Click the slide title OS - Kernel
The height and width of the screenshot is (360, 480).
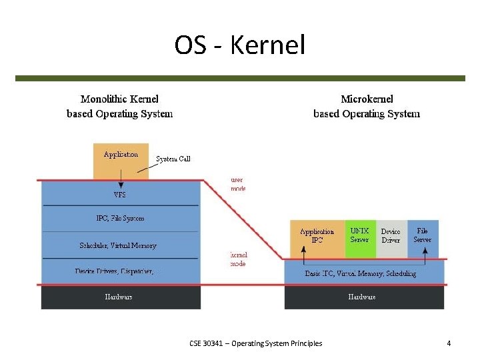[x=239, y=45]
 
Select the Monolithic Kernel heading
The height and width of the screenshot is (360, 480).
[x=120, y=107]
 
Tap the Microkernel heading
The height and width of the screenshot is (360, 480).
[x=367, y=107]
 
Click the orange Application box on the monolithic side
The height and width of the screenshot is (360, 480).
[x=121, y=160]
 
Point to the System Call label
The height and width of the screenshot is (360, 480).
[x=173, y=159]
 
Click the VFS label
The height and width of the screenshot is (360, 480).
[x=120, y=195]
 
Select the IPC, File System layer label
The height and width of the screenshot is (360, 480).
[x=120, y=218]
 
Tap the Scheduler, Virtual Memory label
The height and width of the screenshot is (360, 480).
[x=118, y=245]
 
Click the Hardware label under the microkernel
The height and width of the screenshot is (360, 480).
[x=362, y=297]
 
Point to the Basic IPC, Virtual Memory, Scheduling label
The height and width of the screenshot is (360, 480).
[x=361, y=273]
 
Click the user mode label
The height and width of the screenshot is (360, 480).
[x=238, y=184]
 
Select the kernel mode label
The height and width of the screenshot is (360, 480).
[x=238, y=259]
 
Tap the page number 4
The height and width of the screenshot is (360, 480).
[x=449, y=343]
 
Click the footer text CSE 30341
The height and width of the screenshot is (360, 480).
[x=255, y=343]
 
